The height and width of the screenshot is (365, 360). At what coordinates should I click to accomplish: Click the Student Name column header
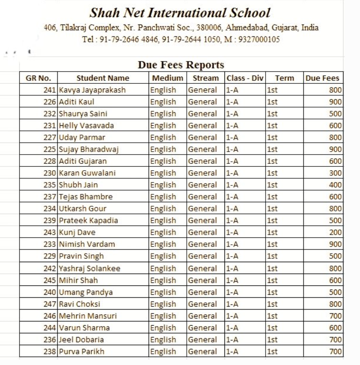(x=103, y=78)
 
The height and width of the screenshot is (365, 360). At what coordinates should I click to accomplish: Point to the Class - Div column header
(x=245, y=78)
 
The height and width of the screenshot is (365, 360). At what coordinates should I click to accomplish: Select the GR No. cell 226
(x=50, y=102)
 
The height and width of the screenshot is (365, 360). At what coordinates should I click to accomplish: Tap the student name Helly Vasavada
(x=86, y=126)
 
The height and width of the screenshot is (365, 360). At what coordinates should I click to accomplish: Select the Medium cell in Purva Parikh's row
(x=163, y=351)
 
